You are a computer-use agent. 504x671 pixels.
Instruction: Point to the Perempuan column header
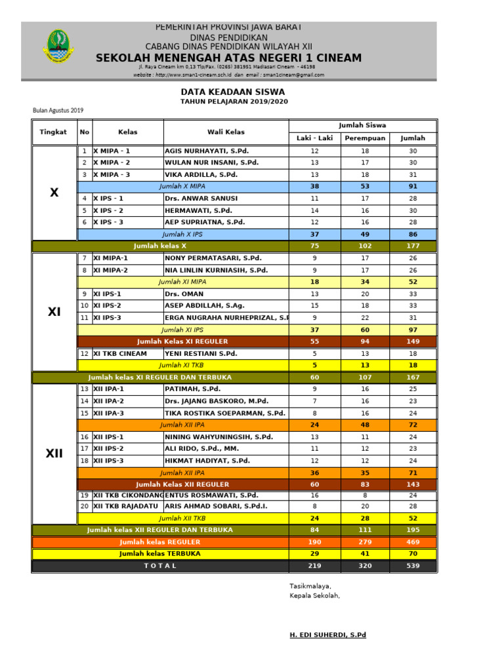pyautogui.click(x=365, y=138)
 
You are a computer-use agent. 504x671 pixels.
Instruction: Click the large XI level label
pyautogui.click(x=54, y=312)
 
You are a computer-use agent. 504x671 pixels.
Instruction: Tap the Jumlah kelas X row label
pyautogui.click(x=160, y=246)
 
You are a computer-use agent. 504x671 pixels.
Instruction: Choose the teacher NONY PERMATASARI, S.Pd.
pyautogui.click(x=213, y=258)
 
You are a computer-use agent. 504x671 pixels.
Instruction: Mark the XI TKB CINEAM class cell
pyautogui.click(x=119, y=354)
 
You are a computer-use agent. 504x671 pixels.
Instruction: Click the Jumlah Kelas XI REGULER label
pyautogui.click(x=182, y=341)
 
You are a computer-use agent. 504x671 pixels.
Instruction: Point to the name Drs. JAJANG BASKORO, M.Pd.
pyautogui.click(x=217, y=401)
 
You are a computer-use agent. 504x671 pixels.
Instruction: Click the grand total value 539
pyautogui.click(x=413, y=566)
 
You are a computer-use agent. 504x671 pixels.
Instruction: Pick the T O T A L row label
pyautogui.click(x=160, y=566)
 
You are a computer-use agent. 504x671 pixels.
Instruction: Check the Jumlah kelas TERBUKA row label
pyautogui.click(x=160, y=554)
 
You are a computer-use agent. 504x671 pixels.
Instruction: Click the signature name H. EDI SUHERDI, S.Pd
pyautogui.click(x=327, y=635)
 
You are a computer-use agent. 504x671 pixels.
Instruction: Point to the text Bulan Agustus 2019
pyautogui.click(x=58, y=110)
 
